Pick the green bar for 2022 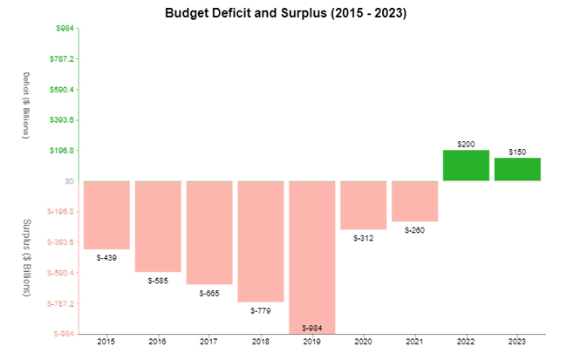[466, 166]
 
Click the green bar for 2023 [517, 169]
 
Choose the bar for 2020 [363, 205]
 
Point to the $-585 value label [158, 281]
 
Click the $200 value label [466, 143]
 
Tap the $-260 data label [414, 230]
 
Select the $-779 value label [260, 310]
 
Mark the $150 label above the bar [517, 152]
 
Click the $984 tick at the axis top [64, 28]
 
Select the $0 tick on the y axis [67, 181]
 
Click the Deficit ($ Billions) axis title [26, 105]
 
